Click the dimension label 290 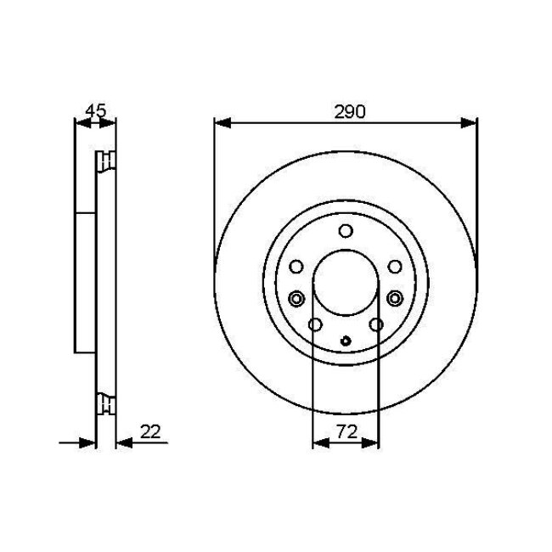[x=345, y=112]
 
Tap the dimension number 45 [x=96, y=110]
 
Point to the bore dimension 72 [x=346, y=432]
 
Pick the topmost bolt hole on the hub [x=346, y=231]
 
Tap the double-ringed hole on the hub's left [x=296, y=298]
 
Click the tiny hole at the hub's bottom [x=346, y=342]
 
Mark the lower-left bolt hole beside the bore [x=315, y=324]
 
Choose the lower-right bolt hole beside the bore [x=376, y=324]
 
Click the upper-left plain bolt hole [x=296, y=268]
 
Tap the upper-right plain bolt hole [x=396, y=268]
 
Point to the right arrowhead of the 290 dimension [x=470, y=123]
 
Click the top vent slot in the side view [x=106, y=161]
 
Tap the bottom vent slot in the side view [x=106, y=404]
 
